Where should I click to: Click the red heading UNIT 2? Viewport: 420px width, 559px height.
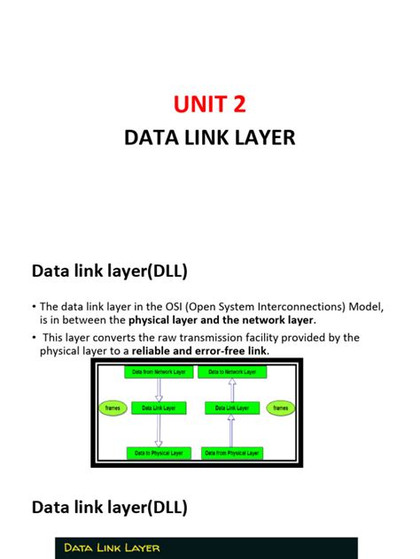209,104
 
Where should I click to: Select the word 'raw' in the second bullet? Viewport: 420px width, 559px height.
160,338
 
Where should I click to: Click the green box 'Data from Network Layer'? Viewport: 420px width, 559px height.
158,372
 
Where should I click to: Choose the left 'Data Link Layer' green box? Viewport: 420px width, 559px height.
158,408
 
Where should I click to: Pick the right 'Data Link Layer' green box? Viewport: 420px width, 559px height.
230,408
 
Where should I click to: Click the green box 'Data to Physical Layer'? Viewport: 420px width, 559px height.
158,453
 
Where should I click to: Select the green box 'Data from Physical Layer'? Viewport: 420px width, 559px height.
231,453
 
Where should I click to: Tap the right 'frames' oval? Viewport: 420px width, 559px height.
280,408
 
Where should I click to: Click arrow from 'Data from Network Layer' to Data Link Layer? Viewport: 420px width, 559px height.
159,390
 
